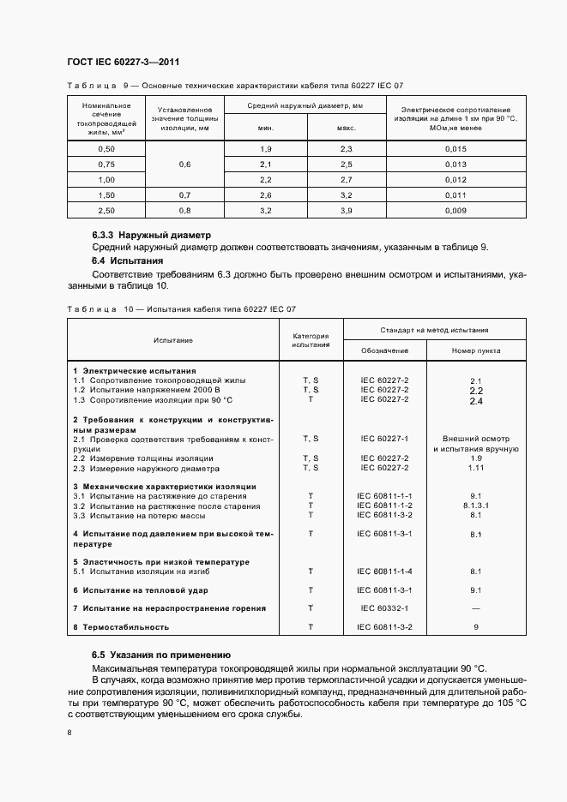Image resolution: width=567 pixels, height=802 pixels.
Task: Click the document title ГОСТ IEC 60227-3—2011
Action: pyautogui.click(x=122, y=62)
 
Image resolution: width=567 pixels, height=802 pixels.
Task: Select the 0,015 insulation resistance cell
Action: pyautogui.click(x=455, y=149)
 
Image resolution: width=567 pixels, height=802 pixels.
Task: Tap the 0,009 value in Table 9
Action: pyautogui.click(x=455, y=210)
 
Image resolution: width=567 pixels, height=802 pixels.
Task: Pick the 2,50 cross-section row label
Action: pyautogui.click(x=106, y=210)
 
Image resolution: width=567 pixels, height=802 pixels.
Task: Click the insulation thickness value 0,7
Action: pyautogui.click(x=184, y=195)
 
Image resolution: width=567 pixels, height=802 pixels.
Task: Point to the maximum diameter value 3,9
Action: pyautogui.click(x=346, y=210)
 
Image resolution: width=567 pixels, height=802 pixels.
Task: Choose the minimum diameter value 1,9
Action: pyautogui.click(x=265, y=149)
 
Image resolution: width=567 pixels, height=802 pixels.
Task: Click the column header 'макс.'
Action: pyautogui.click(x=346, y=128)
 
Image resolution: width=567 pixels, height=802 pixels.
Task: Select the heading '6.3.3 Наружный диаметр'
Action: pyautogui.click(x=151, y=235)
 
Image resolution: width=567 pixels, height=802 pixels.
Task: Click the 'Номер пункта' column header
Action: pyautogui.click(x=476, y=350)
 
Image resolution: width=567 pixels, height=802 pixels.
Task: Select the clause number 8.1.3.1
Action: pyautogui.click(x=476, y=506)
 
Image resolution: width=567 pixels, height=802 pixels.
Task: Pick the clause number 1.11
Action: pyautogui.click(x=476, y=468)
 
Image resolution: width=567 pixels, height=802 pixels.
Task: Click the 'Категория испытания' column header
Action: pyautogui.click(x=311, y=340)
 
